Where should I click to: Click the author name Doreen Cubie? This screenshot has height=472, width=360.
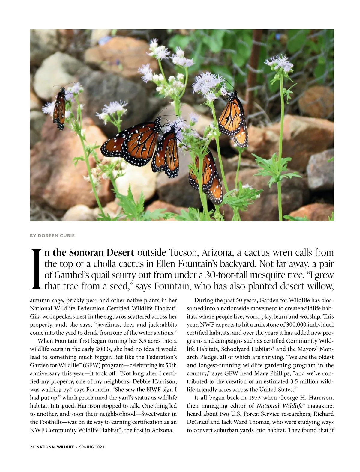pyautogui.click(x=52, y=236)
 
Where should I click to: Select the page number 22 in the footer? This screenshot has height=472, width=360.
pyautogui.click(x=32, y=447)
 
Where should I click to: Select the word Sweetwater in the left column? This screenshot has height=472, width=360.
pyautogui.click(x=156, y=414)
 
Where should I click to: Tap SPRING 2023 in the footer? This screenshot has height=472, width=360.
pyautogui.click(x=91, y=447)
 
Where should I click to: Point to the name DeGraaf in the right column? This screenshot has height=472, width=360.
pyautogui.click(x=199, y=422)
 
